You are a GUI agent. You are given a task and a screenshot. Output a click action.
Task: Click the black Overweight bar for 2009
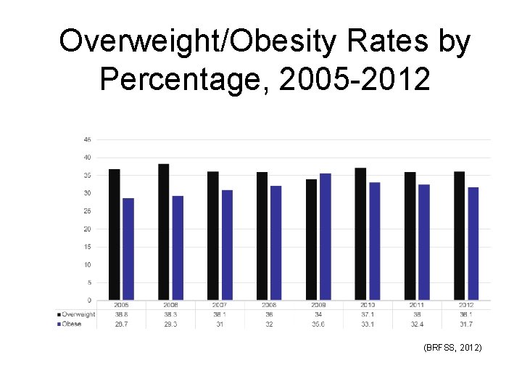coord(311,240)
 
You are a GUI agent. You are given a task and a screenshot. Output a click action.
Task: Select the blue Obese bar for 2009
coord(325,237)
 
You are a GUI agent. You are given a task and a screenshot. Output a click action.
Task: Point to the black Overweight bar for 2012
coord(459,236)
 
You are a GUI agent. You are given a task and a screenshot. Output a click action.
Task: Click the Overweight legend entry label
coord(78,314)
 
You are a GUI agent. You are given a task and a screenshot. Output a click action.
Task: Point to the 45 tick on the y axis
coord(87,139)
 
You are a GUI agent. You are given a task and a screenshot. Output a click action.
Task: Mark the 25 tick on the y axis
coord(87,211)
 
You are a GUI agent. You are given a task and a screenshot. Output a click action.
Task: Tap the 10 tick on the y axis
coord(87,265)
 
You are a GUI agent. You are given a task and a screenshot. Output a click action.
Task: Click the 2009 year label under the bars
coord(318,306)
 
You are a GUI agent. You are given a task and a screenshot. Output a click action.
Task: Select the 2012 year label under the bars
coord(465,306)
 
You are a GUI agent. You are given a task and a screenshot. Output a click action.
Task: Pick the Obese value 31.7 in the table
coord(465,324)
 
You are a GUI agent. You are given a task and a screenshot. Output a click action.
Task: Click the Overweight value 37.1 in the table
coord(368,314)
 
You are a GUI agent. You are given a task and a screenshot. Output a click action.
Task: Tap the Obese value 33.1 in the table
coord(368,324)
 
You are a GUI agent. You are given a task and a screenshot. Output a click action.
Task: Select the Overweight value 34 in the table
coord(318,314)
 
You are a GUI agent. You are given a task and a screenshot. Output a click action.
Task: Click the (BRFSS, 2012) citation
coord(452,349)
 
